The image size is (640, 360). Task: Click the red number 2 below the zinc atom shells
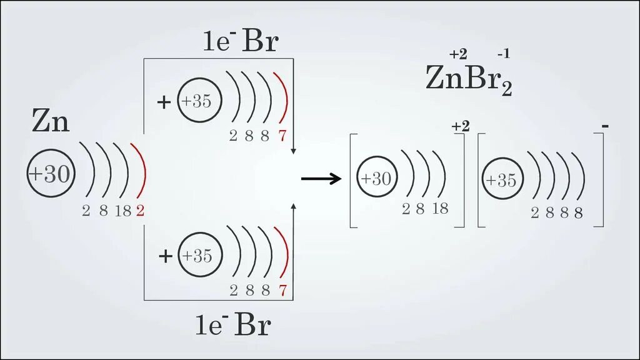(140, 211)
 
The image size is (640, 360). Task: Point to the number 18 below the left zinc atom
(122, 211)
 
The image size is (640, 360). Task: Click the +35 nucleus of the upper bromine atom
(198, 101)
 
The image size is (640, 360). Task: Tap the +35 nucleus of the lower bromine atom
(198, 256)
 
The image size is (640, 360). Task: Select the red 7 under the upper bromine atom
(282, 136)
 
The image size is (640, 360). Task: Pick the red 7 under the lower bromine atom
(282, 290)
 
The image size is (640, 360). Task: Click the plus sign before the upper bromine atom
(164, 102)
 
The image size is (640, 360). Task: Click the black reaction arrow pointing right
(321, 179)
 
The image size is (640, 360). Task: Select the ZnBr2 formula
(468, 79)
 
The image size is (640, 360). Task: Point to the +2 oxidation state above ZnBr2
(458, 54)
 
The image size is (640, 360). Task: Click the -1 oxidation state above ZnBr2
(503, 54)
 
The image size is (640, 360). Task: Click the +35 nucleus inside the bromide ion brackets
(502, 180)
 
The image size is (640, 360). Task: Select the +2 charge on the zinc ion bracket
(460, 127)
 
